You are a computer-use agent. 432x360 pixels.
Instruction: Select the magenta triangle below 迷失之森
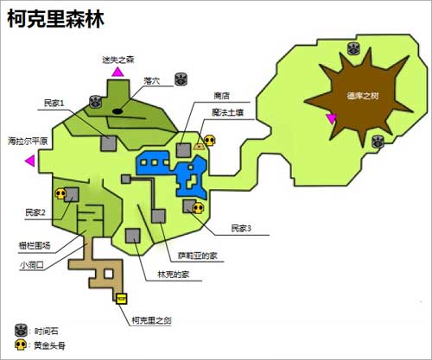pos(116,74)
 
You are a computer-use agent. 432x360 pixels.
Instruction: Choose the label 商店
pos(222,96)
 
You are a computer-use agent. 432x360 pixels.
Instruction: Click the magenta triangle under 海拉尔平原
pos(30,161)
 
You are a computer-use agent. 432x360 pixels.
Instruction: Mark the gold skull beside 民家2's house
pos(60,195)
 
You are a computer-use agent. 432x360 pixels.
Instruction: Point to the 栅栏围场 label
pos(35,245)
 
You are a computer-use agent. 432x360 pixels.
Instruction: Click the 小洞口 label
pos(32,265)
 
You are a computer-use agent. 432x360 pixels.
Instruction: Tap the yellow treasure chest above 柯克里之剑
pos(122,299)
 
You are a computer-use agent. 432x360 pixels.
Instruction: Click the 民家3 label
pos(240,229)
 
